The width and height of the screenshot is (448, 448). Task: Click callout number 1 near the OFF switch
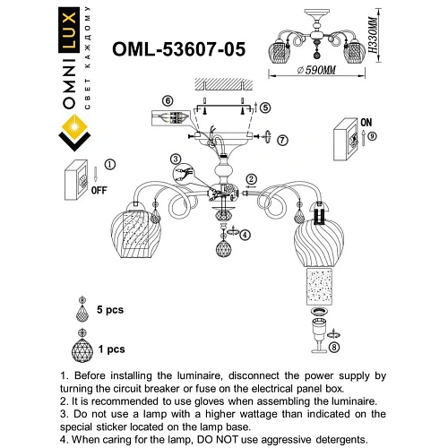[x=110, y=165]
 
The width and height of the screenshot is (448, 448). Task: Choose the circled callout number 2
[x=253, y=179]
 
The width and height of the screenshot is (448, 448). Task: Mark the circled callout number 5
[x=266, y=107]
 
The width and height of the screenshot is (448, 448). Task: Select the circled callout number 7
[x=283, y=140]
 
